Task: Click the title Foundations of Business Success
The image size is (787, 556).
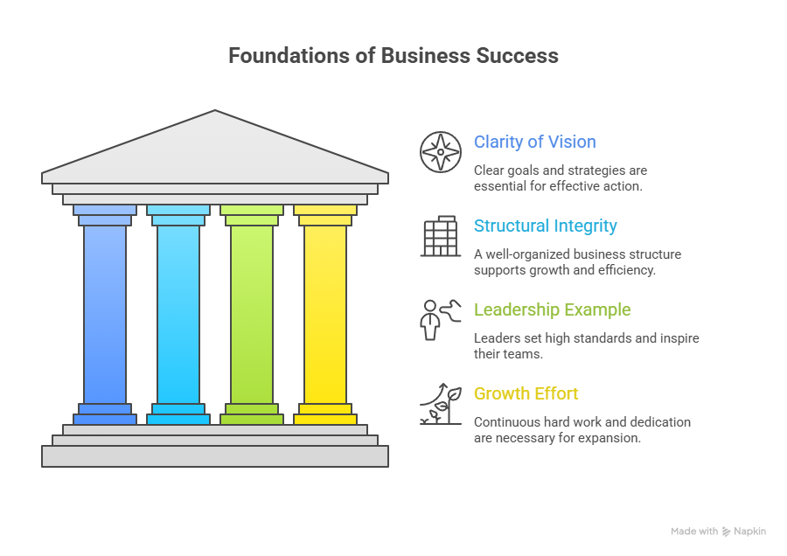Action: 393,56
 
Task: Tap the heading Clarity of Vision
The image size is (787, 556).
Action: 535,142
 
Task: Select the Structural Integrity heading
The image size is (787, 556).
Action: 545,226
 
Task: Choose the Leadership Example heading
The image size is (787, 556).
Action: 552,309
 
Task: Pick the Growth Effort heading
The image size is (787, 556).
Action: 526,393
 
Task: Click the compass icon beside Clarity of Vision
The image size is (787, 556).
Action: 441,151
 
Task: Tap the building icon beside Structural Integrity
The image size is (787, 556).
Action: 441,235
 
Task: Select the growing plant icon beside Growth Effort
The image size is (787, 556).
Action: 441,403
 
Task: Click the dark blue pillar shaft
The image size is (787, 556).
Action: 105,315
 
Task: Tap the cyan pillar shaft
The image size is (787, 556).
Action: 178,315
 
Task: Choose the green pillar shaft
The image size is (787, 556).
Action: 252,315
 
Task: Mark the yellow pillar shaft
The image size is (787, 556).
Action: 325,315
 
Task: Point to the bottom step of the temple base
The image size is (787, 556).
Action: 215,455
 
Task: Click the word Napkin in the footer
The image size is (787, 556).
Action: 750,532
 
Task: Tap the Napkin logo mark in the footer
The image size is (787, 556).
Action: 726,532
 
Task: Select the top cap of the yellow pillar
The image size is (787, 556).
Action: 325,210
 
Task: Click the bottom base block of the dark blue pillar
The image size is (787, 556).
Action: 105,420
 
